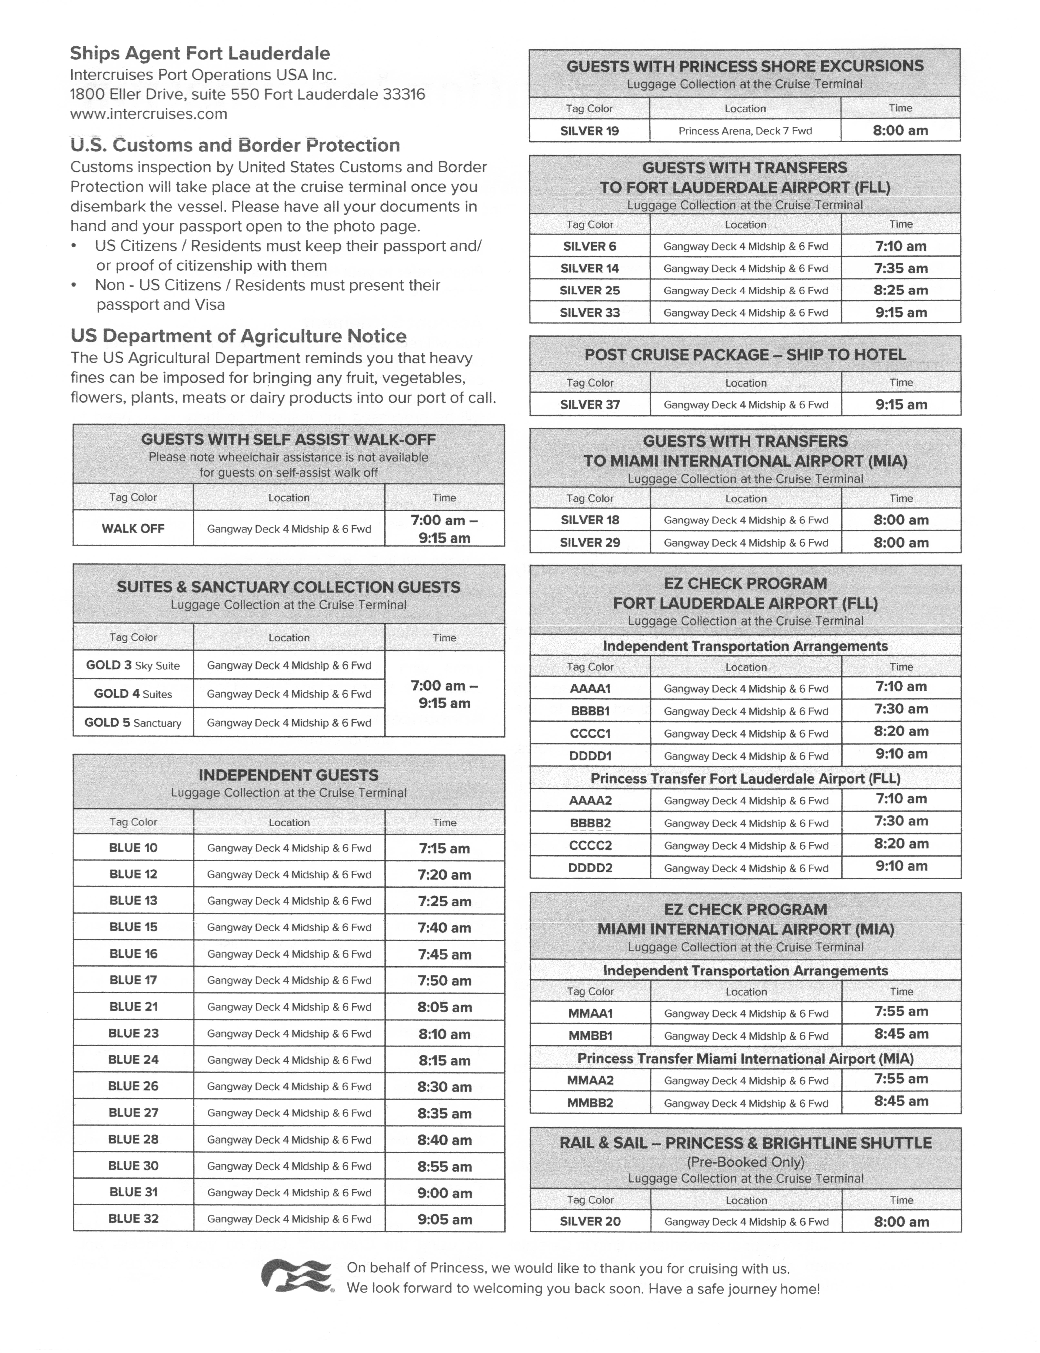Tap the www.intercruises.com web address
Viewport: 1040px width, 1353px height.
click(149, 114)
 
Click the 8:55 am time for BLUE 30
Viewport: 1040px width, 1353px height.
click(444, 1167)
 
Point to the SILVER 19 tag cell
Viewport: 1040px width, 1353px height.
click(589, 131)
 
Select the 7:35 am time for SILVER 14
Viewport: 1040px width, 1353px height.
click(901, 268)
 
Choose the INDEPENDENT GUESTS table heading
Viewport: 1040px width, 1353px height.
click(289, 775)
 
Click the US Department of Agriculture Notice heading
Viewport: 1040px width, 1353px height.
click(238, 336)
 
